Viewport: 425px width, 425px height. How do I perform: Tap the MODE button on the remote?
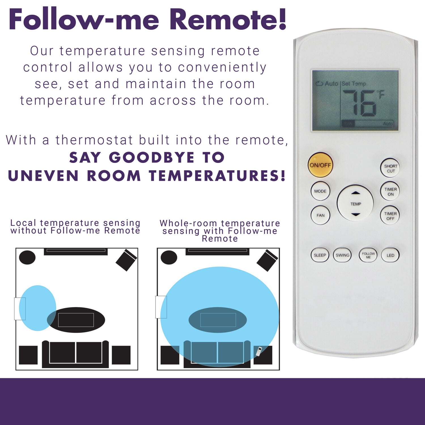(x=320, y=191)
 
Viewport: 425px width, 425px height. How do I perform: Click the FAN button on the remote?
(x=320, y=215)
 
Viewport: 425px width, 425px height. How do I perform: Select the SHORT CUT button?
(x=390, y=168)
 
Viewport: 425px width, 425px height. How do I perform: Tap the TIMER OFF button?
(x=390, y=216)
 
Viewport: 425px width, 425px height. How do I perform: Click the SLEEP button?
(x=320, y=255)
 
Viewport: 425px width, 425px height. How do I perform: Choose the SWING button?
(x=342, y=255)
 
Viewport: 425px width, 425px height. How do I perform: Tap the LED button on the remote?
(x=390, y=255)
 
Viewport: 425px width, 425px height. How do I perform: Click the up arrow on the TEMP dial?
(x=356, y=193)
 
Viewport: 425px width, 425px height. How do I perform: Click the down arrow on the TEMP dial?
(x=355, y=215)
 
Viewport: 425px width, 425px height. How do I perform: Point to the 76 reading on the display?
(x=360, y=103)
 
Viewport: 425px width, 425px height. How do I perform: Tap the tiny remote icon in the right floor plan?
(x=258, y=351)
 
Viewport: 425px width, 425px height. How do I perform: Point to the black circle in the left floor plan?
(x=27, y=258)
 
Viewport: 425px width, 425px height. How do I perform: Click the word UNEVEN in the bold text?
(x=44, y=176)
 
